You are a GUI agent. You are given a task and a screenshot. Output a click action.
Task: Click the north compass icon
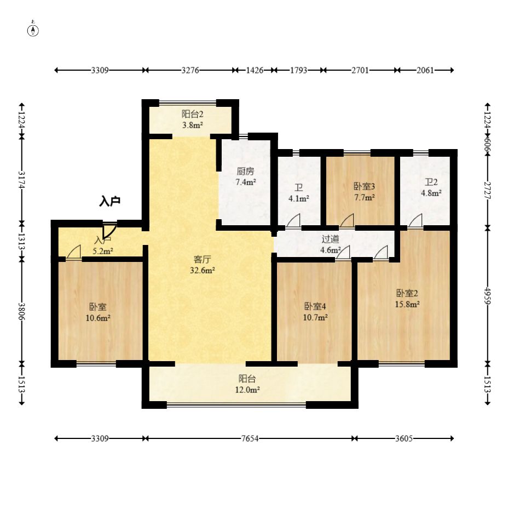33,30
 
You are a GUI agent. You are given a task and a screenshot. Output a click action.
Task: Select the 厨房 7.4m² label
246,176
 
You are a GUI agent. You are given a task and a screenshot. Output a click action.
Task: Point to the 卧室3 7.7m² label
364,191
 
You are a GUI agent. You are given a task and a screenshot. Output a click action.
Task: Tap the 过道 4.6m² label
330,244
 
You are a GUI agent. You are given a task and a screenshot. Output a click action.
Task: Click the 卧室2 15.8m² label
408,298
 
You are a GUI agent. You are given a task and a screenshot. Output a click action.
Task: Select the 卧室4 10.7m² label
316,311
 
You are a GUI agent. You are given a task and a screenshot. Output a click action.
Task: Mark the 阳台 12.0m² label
247,384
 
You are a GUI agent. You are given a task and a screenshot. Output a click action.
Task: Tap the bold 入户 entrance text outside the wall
109,202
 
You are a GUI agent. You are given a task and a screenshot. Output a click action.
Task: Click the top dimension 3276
190,70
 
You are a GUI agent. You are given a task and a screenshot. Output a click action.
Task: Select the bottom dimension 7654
249,438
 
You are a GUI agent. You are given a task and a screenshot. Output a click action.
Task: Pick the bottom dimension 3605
404,438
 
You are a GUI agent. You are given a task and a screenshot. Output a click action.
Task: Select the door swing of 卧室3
347,221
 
